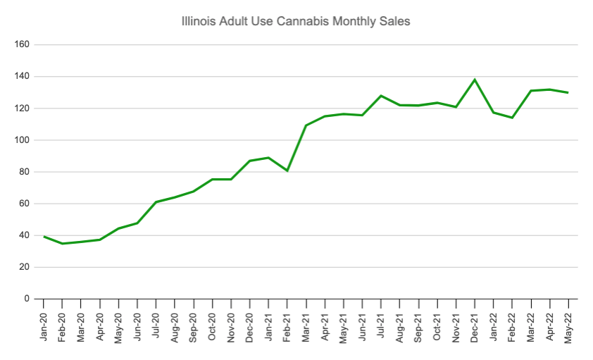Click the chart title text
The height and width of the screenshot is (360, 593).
295,22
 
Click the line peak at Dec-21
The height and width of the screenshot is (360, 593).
474,80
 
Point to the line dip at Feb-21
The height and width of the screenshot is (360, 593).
287,170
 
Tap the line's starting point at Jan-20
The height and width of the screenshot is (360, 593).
44,237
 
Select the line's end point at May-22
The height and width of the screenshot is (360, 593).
568,92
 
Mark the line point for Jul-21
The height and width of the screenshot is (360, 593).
380,96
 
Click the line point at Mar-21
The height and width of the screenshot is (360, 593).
306,125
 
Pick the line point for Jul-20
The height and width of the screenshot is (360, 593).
156,202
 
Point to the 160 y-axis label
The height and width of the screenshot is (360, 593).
21,44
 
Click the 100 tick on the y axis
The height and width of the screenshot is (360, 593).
21,140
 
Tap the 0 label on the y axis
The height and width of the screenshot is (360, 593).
26,299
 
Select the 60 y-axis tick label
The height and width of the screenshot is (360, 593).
23,204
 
